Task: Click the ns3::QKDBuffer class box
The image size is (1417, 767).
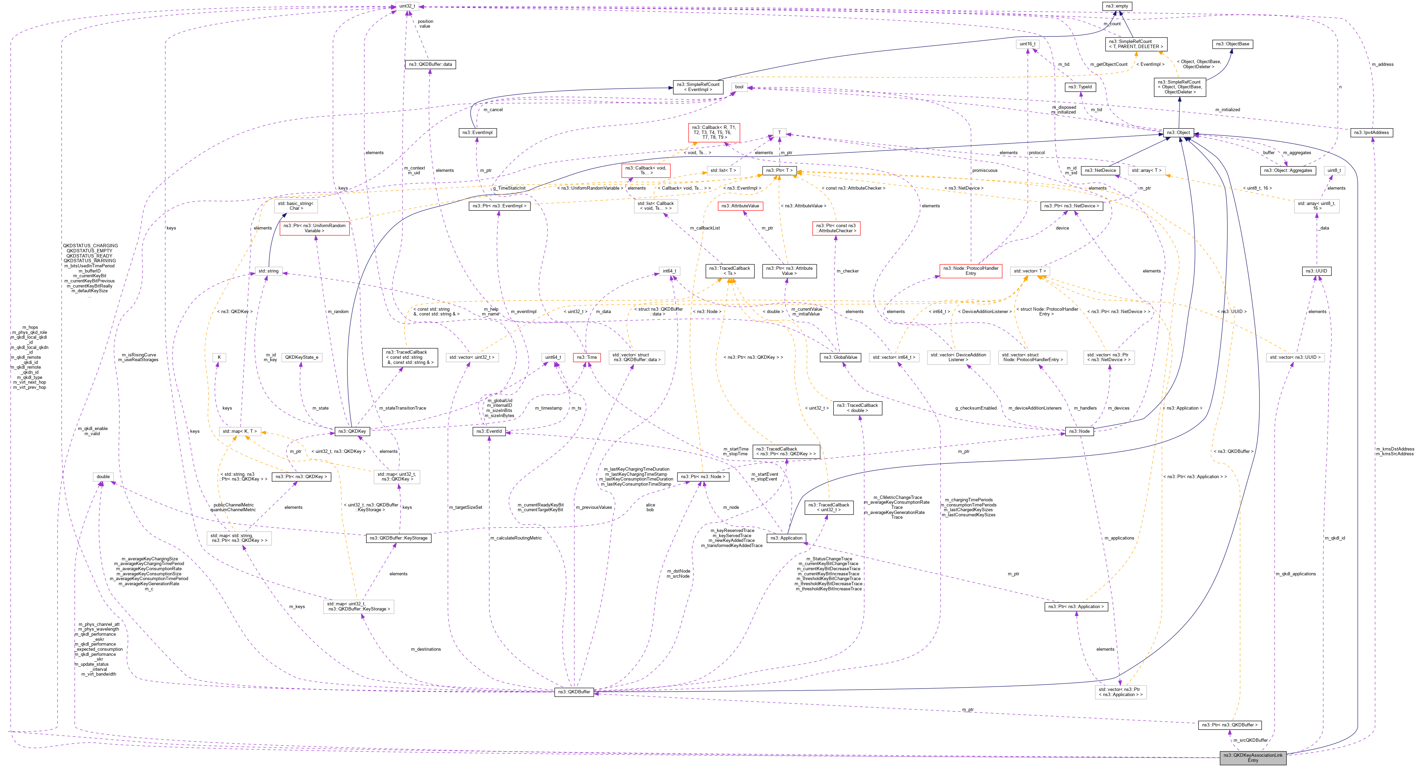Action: tap(574, 692)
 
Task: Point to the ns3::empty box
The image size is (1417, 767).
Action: tap(1117, 6)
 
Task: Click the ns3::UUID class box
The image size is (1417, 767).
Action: tap(1316, 271)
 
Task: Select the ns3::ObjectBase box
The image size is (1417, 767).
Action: tap(1232, 44)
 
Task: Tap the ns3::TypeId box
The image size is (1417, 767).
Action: tap(1080, 87)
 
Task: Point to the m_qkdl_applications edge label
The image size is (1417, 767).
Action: tap(1295, 574)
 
